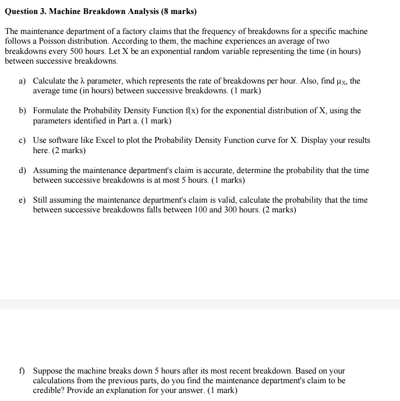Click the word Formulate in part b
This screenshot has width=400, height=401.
pos(52,110)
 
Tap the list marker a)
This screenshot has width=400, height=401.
pos(23,81)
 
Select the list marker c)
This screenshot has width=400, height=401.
pos(23,140)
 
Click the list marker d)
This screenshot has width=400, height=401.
pos(23,170)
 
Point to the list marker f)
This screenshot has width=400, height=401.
pos(22,371)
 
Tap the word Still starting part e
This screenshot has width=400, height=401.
pos(42,200)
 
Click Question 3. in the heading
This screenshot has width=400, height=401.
pos(28,11)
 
